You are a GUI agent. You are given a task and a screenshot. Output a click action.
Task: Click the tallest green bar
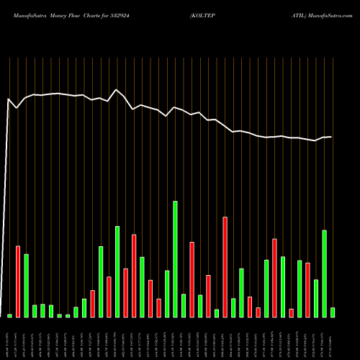(x=175, y=259)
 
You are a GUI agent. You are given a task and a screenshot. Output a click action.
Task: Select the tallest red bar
(x=225, y=267)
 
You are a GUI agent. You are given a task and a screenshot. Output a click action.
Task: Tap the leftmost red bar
(x=18, y=282)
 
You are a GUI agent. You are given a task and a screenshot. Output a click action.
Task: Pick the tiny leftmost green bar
(x=9, y=315)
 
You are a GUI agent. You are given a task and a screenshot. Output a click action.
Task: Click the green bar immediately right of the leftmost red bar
(x=26, y=286)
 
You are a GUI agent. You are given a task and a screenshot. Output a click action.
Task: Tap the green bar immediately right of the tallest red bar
(x=233, y=307)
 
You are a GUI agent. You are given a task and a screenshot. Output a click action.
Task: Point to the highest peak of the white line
(x=117, y=90)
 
